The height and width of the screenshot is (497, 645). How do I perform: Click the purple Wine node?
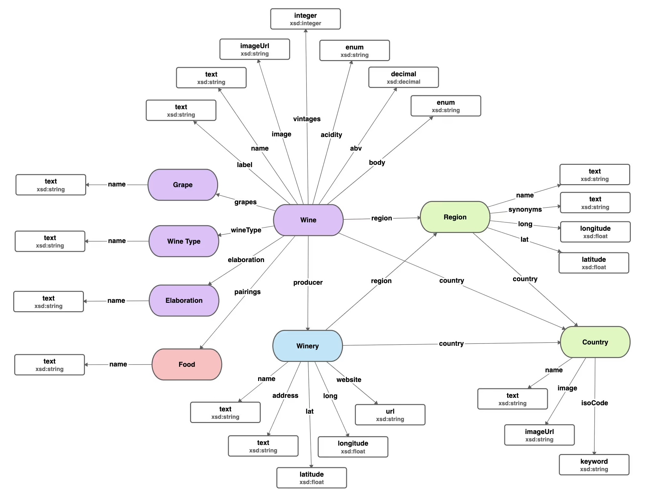click(x=308, y=220)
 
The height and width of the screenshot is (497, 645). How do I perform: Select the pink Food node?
click(x=186, y=364)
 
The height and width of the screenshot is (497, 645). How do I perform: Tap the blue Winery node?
click(x=307, y=346)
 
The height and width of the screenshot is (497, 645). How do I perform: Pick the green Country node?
click(x=595, y=342)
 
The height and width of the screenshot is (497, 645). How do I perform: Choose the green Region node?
click(x=455, y=217)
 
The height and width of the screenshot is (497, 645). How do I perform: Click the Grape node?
click(x=183, y=185)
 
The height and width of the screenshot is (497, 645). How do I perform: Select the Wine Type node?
click(x=184, y=241)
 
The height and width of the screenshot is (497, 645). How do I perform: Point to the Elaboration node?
click(x=184, y=300)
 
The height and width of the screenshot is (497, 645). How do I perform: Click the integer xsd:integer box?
click(x=305, y=19)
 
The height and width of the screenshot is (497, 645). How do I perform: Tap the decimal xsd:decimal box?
click(x=403, y=78)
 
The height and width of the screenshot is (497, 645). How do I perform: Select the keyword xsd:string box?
click(x=594, y=465)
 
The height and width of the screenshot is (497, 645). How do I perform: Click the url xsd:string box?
click(x=390, y=415)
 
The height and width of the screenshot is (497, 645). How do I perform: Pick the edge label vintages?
click(x=307, y=119)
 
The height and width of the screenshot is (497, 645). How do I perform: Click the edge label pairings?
click(x=247, y=292)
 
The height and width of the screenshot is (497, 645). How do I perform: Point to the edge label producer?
click(x=308, y=282)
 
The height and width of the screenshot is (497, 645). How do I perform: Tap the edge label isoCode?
click(x=594, y=403)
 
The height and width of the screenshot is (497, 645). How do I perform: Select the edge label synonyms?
click(x=525, y=209)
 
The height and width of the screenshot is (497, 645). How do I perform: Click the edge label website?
click(x=348, y=380)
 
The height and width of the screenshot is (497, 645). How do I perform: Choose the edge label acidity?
click(x=331, y=135)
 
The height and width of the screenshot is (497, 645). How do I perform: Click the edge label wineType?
click(x=246, y=230)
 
